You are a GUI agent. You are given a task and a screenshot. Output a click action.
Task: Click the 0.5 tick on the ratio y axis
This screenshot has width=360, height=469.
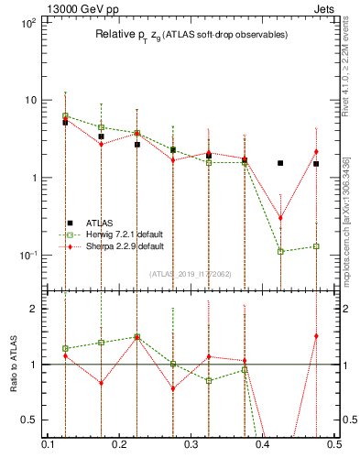tap(31, 420)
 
